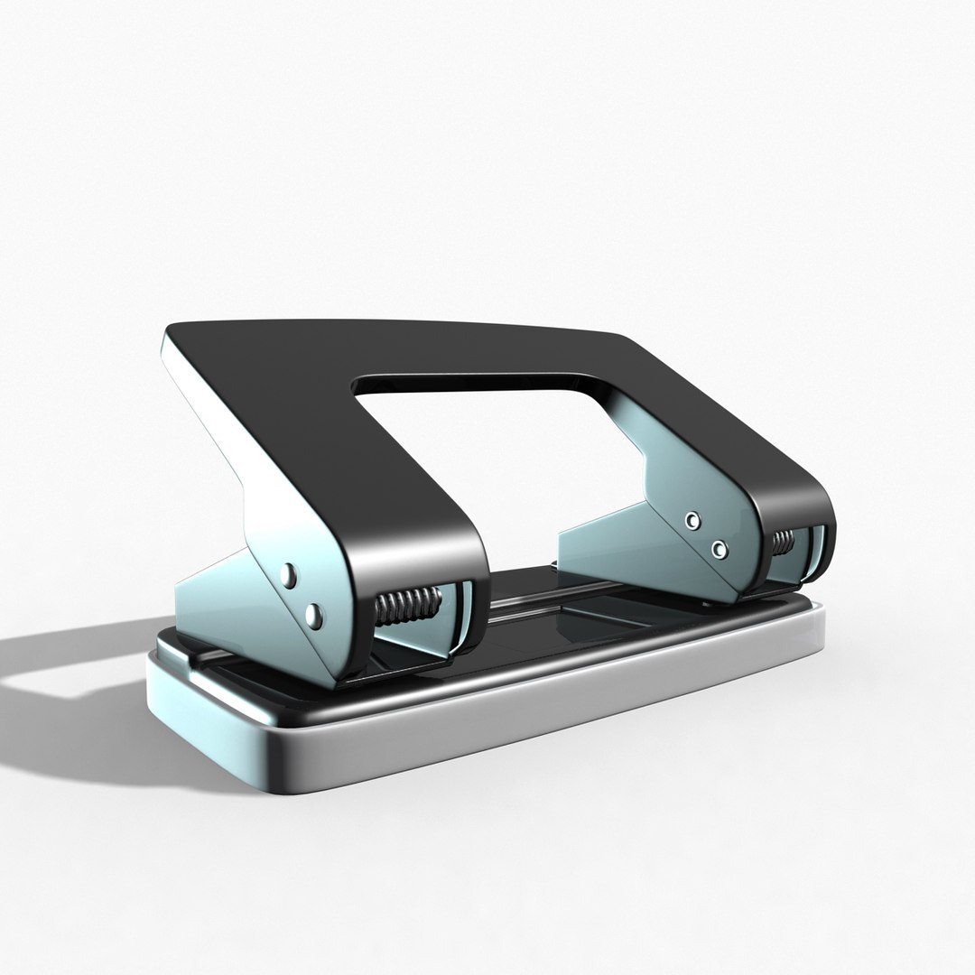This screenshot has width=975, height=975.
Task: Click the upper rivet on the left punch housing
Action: click(x=291, y=573)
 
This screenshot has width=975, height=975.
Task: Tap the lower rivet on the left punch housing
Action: click(x=314, y=616)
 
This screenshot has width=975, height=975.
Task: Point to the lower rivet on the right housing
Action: click(x=719, y=548)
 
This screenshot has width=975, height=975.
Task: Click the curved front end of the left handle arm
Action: click(x=451, y=551)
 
